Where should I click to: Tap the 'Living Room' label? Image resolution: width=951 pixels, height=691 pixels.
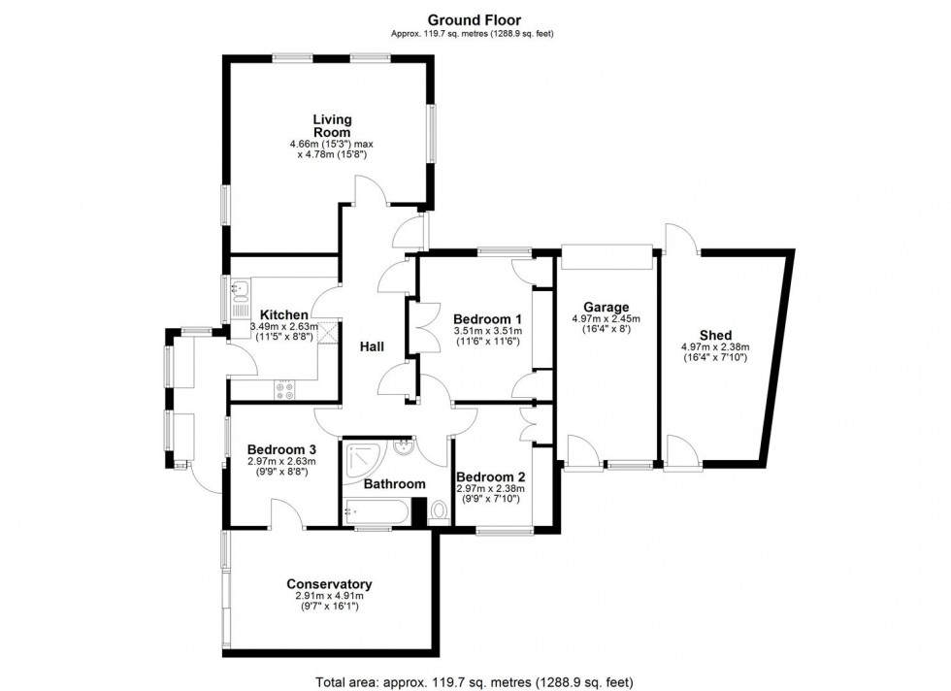coord(332,126)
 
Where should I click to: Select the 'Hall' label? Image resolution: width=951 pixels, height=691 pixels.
coord(372,346)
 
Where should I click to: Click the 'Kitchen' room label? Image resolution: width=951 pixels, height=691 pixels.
coord(283,315)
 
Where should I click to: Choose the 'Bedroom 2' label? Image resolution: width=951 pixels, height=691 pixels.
coord(490,477)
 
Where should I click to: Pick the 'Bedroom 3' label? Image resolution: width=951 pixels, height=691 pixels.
coord(281,449)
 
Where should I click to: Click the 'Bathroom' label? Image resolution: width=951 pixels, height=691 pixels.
coord(394,483)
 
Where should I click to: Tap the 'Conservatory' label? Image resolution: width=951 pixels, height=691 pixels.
coord(329,584)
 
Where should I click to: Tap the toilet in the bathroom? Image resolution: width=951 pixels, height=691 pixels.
coord(438,510)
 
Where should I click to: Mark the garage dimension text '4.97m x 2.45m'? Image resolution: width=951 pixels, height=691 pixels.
coord(606,318)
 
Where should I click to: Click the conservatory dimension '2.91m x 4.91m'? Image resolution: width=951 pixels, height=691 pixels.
coord(329,596)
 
